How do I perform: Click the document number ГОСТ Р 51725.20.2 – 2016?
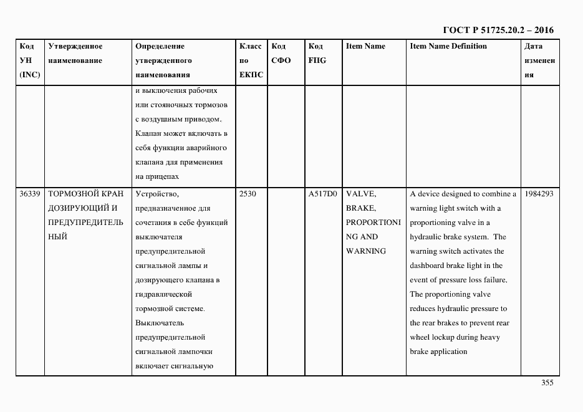tap(498, 30)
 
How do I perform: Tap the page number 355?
tap(547, 383)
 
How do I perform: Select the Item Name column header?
tap(365, 46)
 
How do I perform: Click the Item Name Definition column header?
tap(448, 46)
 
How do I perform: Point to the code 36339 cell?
tap(30, 194)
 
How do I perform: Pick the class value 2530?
tap(248, 194)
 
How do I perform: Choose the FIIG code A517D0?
tap(322, 194)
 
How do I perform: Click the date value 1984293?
tap(539, 194)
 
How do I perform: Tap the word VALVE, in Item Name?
tap(360, 194)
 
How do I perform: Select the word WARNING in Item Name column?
tap(366, 251)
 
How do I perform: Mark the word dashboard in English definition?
tap(428, 266)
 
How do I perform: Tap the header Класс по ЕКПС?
tap(251, 60)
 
